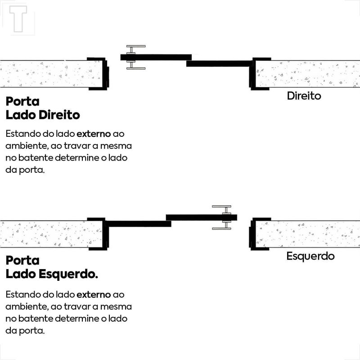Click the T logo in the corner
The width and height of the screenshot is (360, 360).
18,18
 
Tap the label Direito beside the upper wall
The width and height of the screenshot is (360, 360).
304,96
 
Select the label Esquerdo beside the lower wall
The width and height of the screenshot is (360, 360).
310,256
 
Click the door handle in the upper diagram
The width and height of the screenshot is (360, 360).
132,57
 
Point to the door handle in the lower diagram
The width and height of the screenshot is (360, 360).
225,217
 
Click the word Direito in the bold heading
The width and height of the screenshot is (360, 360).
59,115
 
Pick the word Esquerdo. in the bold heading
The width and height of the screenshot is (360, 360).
68,274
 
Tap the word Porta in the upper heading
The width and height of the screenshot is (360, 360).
22,102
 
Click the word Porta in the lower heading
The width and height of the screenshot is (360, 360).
22,261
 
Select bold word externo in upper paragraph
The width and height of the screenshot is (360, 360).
94,134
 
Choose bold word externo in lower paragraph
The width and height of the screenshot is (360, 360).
94,295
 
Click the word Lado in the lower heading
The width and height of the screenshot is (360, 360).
21,274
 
